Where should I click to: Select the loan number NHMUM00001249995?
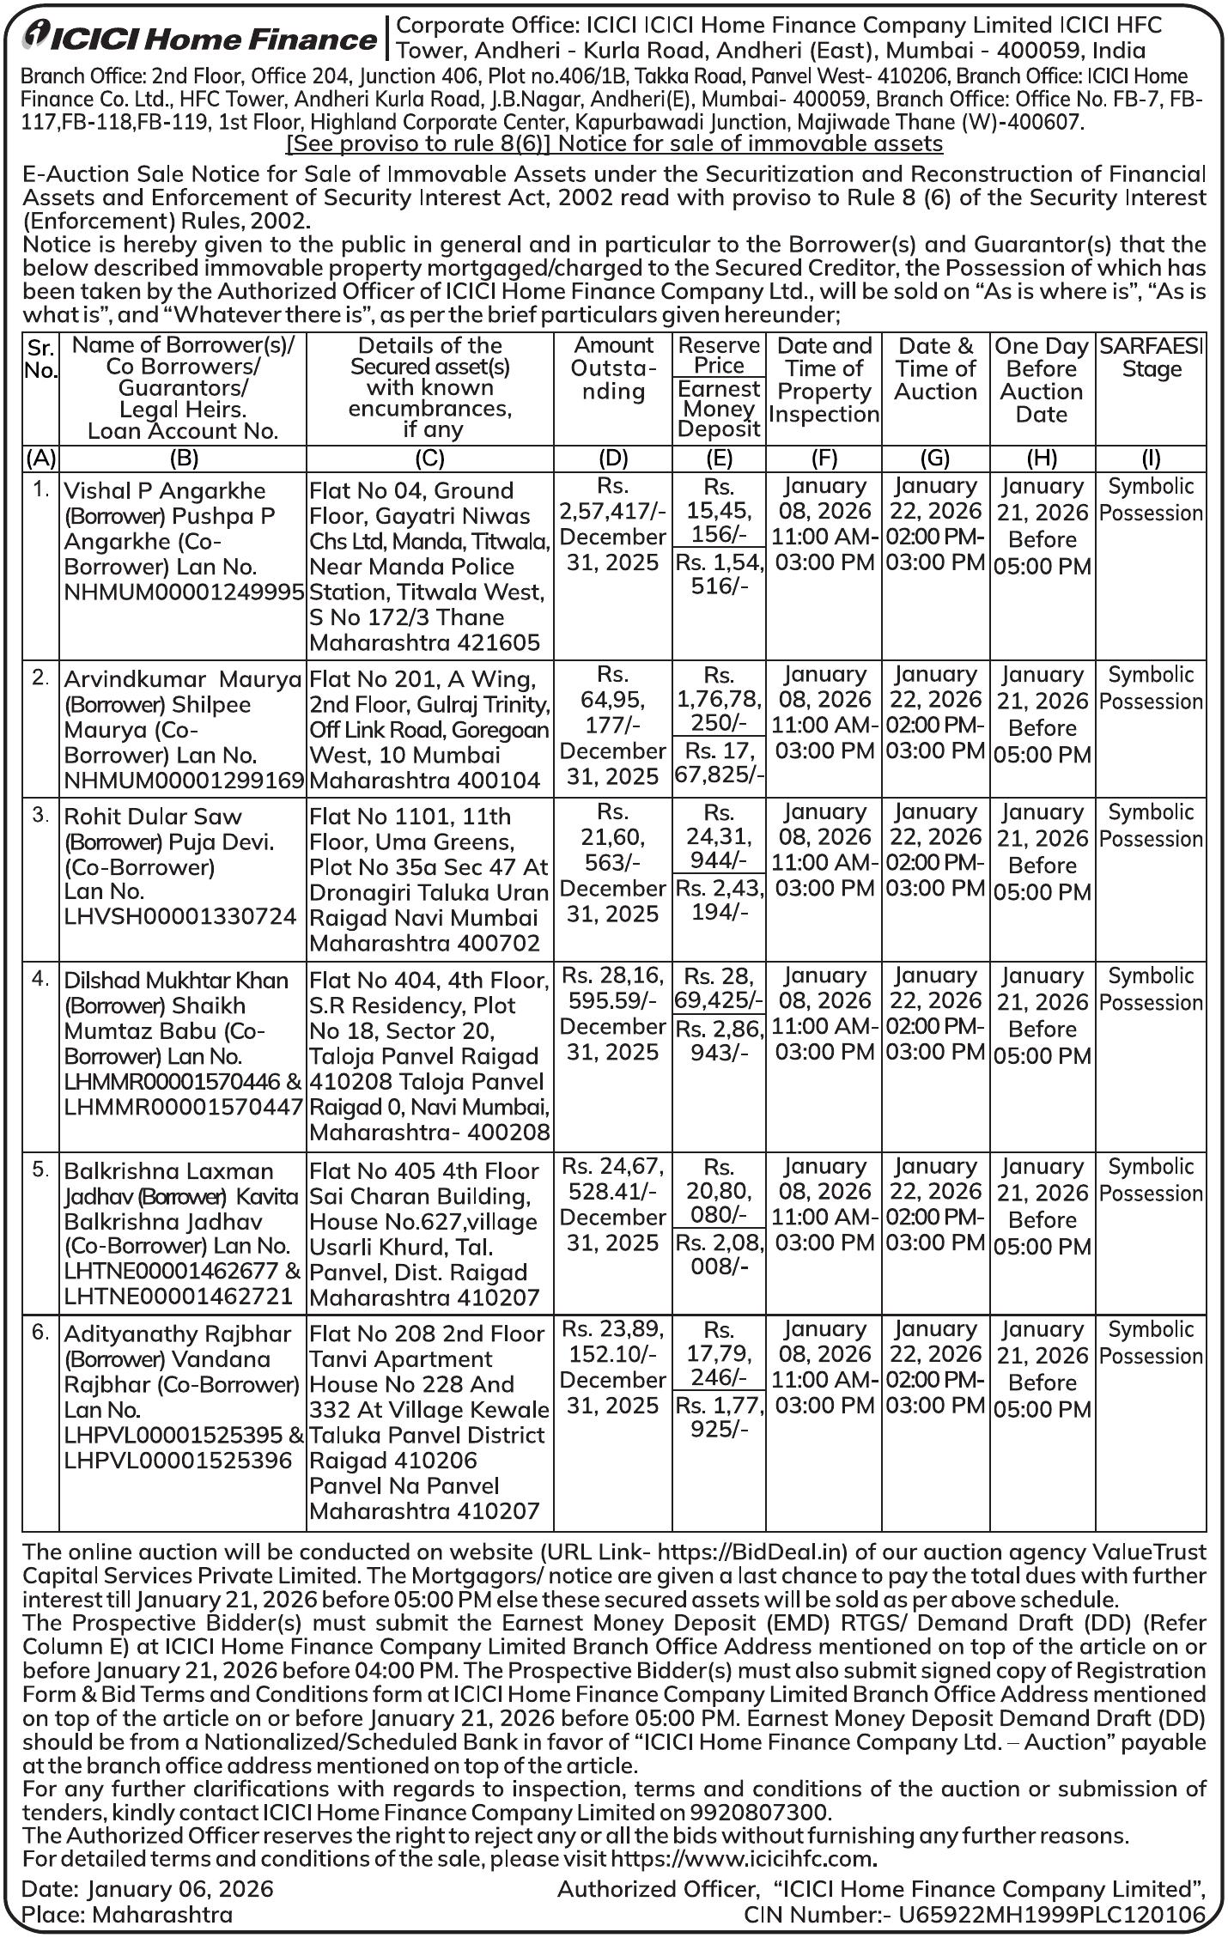[x=184, y=592]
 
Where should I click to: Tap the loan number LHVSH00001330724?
[x=180, y=917]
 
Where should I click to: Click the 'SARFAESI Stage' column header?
[x=1151, y=358]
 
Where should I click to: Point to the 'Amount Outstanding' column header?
[x=613, y=368]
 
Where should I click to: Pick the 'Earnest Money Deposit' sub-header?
[x=719, y=410]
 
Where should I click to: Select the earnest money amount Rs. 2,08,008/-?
[x=719, y=1255]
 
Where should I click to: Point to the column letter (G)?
[x=934, y=458]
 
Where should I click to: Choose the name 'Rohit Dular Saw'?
[x=153, y=817]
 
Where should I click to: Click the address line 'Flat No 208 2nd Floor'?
[x=427, y=1334]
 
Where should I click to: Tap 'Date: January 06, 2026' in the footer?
[x=148, y=1889]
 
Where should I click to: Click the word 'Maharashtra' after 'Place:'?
[x=162, y=1914]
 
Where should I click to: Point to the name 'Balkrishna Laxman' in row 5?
[x=169, y=1171]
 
